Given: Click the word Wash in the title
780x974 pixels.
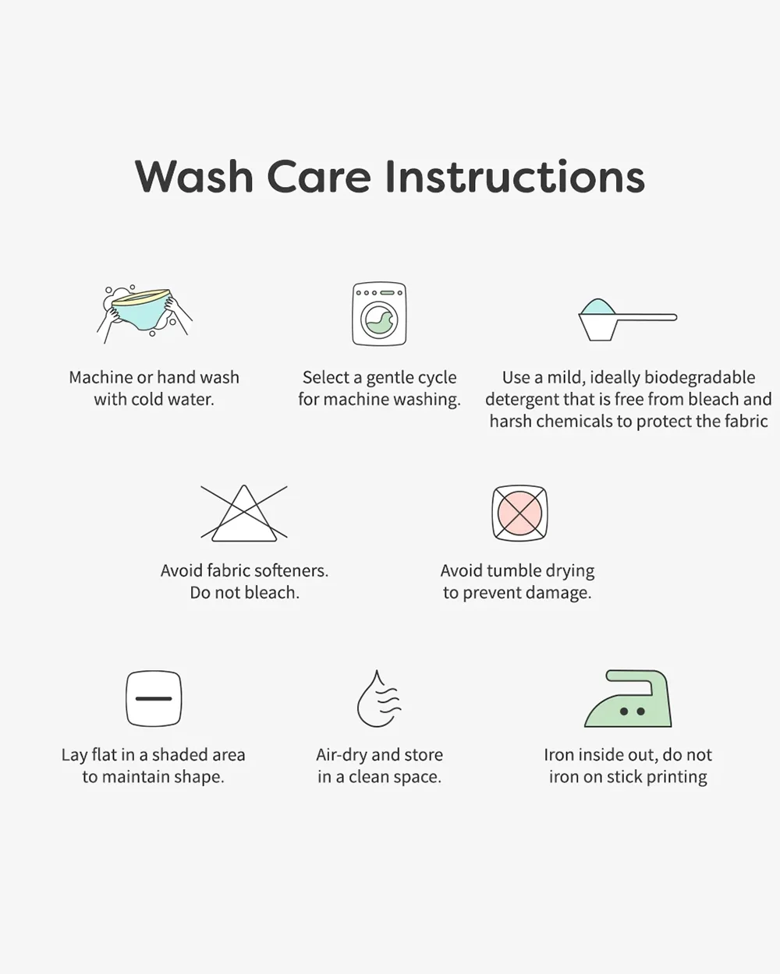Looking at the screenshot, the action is tap(193, 176).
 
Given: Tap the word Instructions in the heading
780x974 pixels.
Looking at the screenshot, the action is tap(516, 176).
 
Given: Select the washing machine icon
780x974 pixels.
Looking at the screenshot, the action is tap(379, 314).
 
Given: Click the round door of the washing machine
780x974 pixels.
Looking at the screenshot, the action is tap(379, 319).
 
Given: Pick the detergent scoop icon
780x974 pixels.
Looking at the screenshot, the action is tap(628, 319).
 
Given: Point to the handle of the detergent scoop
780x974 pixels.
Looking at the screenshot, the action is tap(646, 317).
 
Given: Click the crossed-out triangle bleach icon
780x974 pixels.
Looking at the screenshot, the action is tap(244, 513).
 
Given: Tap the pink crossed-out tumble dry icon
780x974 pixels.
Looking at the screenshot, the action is tap(519, 513).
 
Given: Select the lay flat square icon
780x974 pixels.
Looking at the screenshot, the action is tap(154, 698).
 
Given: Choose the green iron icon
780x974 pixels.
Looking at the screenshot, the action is tap(628, 699).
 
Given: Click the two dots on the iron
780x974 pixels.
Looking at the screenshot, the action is tap(633, 711).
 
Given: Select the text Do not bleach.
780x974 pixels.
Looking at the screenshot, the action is tap(244, 592).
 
